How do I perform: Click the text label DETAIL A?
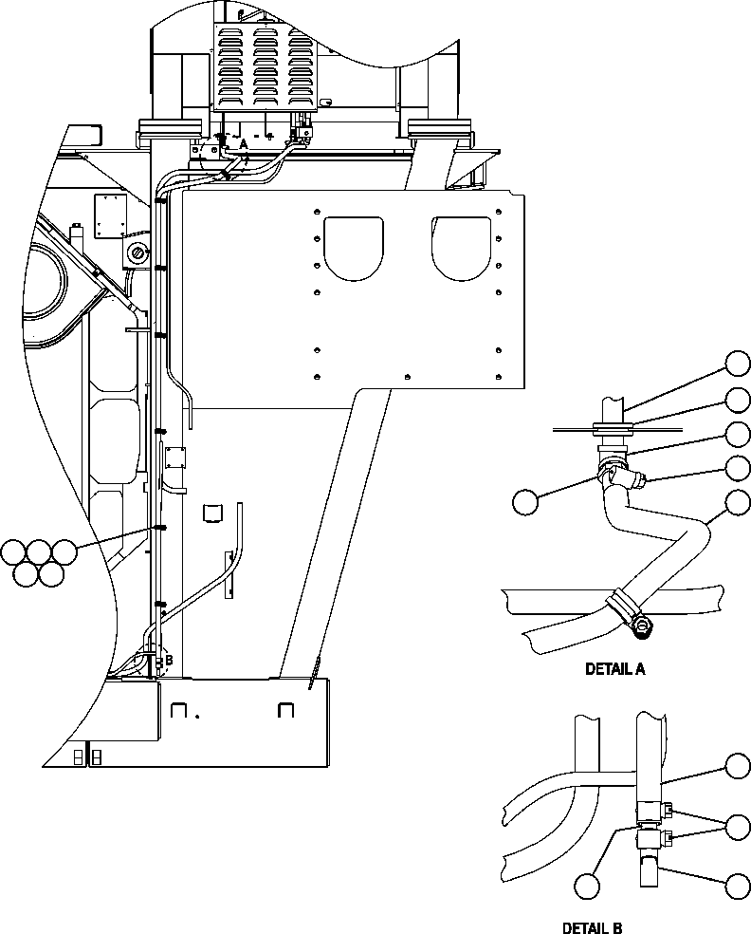click(614, 669)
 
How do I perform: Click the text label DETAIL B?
click(593, 927)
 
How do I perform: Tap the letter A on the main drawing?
click(243, 143)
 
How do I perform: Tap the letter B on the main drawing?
click(169, 660)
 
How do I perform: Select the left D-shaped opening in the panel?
click(354, 247)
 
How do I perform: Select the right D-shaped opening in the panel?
click(462, 247)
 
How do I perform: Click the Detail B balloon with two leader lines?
click(738, 826)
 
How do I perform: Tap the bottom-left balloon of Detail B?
click(587, 886)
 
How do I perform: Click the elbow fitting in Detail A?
click(611, 469)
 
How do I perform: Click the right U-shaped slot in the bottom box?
click(286, 709)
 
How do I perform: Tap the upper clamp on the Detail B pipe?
click(650, 810)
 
